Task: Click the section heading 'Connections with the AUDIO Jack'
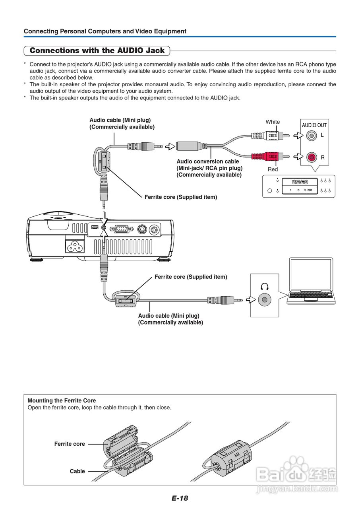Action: [97, 51]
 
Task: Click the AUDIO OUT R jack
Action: [312, 157]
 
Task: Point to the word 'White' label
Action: [273, 122]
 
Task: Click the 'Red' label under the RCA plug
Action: [273, 169]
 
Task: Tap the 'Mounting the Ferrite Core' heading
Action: [62, 400]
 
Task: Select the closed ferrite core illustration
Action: [230, 455]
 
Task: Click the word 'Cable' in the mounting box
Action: [77, 471]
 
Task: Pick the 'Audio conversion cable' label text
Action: [208, 161]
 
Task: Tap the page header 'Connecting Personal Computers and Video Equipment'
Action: [105, 31]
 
